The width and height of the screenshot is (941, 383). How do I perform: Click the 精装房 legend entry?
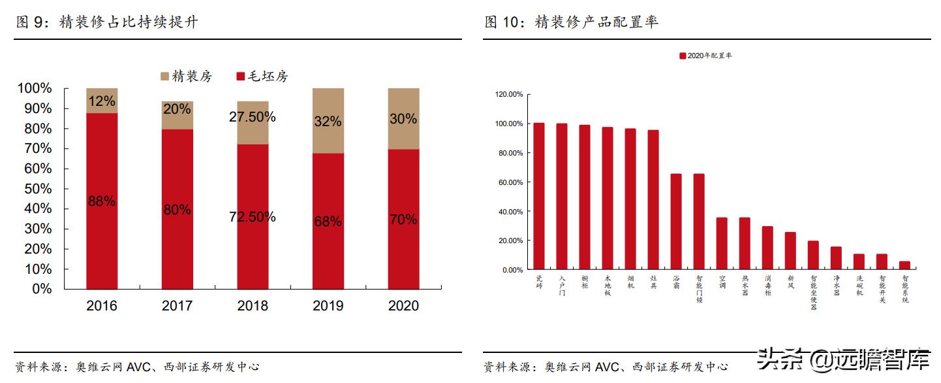(x=186, y=76)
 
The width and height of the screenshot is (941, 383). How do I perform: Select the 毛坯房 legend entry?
(x=262, y=76)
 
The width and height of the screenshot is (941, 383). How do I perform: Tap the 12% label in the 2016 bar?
(x=102, y=101)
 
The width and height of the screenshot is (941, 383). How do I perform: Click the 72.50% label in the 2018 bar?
(x=253, y=217)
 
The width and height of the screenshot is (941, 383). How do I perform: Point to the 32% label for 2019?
(x=328, y=122)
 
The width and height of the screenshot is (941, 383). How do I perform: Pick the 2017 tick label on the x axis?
(x=177, y=306)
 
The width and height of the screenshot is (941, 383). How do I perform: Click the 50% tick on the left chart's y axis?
(x=34, y=189)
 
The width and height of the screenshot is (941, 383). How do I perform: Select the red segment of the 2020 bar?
(x=403, y=219)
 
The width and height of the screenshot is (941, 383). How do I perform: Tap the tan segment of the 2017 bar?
(x=177, y=115)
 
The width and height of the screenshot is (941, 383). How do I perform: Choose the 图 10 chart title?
(x=572, y=22)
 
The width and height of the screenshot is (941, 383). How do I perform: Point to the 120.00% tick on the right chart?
(x=509, y=95)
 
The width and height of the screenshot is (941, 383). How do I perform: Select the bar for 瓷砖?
(x=539, y=196)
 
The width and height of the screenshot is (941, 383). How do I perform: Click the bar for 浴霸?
(x=676, y=222)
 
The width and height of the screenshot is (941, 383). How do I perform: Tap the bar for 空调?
(x=722, y=244)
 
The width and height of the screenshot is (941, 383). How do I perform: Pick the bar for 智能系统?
(x=904, y=265)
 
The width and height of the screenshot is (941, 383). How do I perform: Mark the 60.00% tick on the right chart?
(x=510, y=182)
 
